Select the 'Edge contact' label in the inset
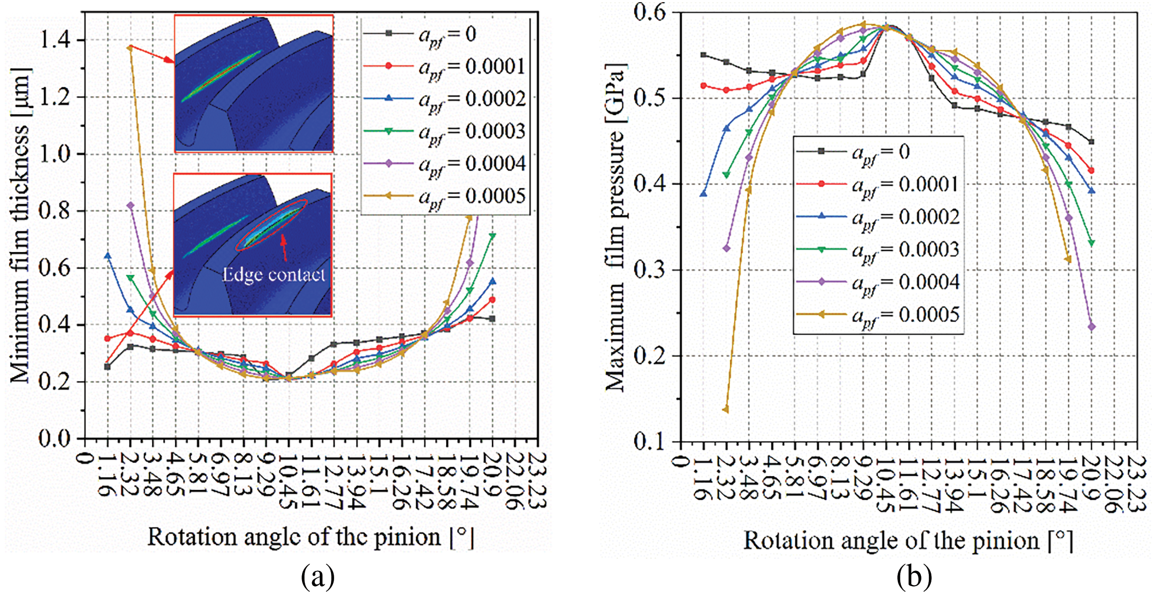(274, 275)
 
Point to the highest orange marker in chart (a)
(130, 48)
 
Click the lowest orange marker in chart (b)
(726, 409)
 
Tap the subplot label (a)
(317, 577)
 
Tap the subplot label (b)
(914, 577)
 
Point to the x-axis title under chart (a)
(310, 538)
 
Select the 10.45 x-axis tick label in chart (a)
(288, 481)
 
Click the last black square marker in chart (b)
(1091, 142)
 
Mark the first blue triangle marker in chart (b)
(704, 194)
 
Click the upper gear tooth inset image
(254, 84)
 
